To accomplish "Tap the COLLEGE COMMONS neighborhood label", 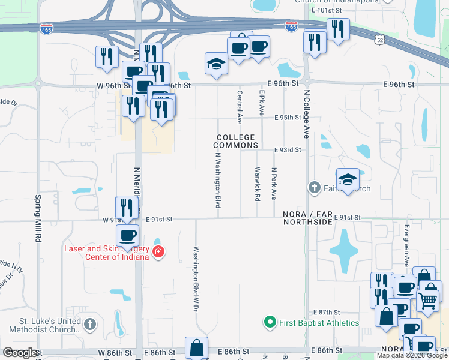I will pos(237,142).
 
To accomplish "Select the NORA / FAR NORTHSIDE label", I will pos(308,218).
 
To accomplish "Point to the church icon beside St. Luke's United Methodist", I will pos(89,325).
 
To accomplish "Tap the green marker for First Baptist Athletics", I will pos(270,323).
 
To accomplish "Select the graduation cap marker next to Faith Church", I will pos(347,179).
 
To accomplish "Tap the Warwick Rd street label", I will pos(258,184).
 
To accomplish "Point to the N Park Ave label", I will pos(273,184).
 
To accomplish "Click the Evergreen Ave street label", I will pos(406,245).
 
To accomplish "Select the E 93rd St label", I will pos(287,149).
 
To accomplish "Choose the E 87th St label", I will pos(327,313).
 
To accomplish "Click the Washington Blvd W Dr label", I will pos(195,278).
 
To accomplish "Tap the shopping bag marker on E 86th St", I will pos(196,347).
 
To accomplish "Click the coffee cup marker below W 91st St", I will pos(127,236).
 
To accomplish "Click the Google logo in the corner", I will pos(20,353).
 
